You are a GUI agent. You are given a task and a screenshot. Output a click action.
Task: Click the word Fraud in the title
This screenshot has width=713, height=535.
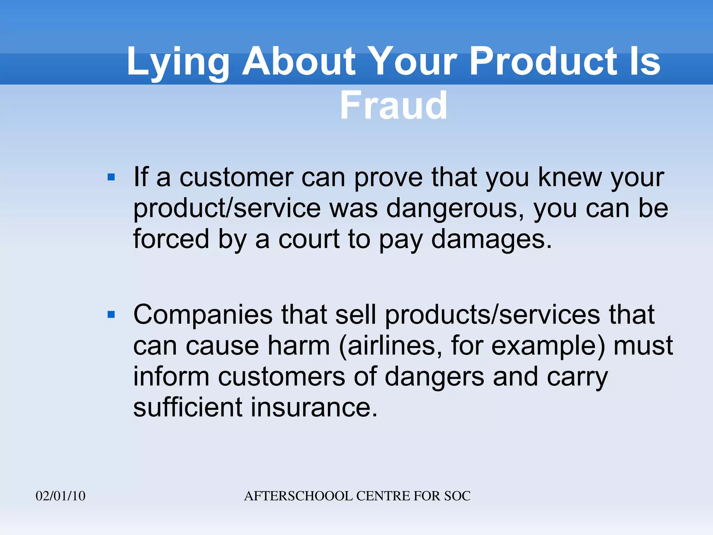click(x=393, y=106)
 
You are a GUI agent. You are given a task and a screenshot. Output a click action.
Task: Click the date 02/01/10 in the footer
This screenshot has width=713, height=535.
click(x=61, y=496)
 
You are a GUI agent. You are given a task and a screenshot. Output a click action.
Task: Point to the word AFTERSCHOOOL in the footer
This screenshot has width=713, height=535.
click(x=298, y=496)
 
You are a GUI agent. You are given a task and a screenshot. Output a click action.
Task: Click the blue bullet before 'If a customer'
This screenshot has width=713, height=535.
click(x=111, y=178)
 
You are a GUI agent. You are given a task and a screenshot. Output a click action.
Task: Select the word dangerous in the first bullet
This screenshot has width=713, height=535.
click(x=455, y=209)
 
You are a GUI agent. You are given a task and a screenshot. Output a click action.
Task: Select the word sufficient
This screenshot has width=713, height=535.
click(x=188, y=407)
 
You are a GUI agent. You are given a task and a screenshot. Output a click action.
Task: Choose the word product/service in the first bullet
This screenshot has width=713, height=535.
click(x=227, y=209)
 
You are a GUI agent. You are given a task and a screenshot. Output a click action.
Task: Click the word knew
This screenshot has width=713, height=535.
click(x=570, y=178)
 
